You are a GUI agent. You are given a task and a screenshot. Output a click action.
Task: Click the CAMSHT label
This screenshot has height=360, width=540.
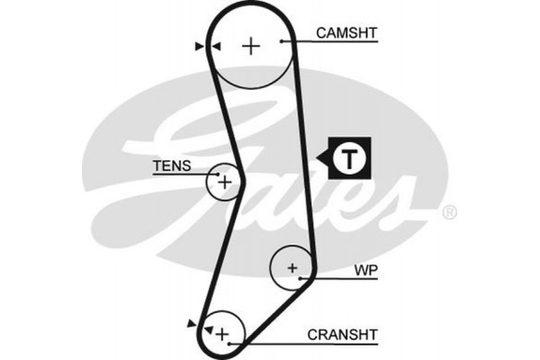coord(346,33)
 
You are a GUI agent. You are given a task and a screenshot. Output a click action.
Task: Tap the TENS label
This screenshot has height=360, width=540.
coord(171,166)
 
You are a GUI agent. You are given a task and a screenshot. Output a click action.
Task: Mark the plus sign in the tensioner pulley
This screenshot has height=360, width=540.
coord(224,183)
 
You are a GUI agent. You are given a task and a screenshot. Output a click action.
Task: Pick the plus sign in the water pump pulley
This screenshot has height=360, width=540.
coord(292,267)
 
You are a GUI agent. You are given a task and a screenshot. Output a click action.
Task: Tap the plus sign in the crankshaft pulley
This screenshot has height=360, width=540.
coord(223,335)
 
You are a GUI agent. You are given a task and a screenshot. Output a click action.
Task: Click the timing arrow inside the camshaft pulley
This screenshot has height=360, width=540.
coord(217,46)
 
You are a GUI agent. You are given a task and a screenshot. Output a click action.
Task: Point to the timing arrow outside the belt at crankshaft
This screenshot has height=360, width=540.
coord(190,321)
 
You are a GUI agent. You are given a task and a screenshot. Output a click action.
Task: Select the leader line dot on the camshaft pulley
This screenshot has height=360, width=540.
coord(282,41)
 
